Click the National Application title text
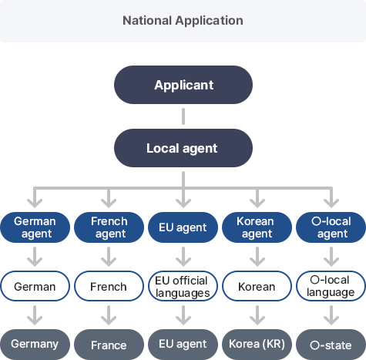tap(183, 21)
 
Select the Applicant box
tap(183, 85)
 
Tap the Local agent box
tap(183, 148)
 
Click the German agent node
tap(35, 227)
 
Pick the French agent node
tap(109, 227)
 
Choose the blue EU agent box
tap(183, 227)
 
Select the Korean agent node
tap(257, 227)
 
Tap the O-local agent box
tap(331, 227)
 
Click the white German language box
tap(35, 286)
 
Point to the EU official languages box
tap(183, 286)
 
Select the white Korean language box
tap(257, 286)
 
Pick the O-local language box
tap(331, 286)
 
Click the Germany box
tap(35, 345)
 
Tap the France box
tap(109, 345)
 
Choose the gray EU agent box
tap(183, 345)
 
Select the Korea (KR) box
tap(257, 345)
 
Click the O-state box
tap(331, 345)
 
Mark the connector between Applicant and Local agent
tap(183, 116)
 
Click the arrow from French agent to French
tap(109, 257)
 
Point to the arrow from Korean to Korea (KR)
tap(257, 315)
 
